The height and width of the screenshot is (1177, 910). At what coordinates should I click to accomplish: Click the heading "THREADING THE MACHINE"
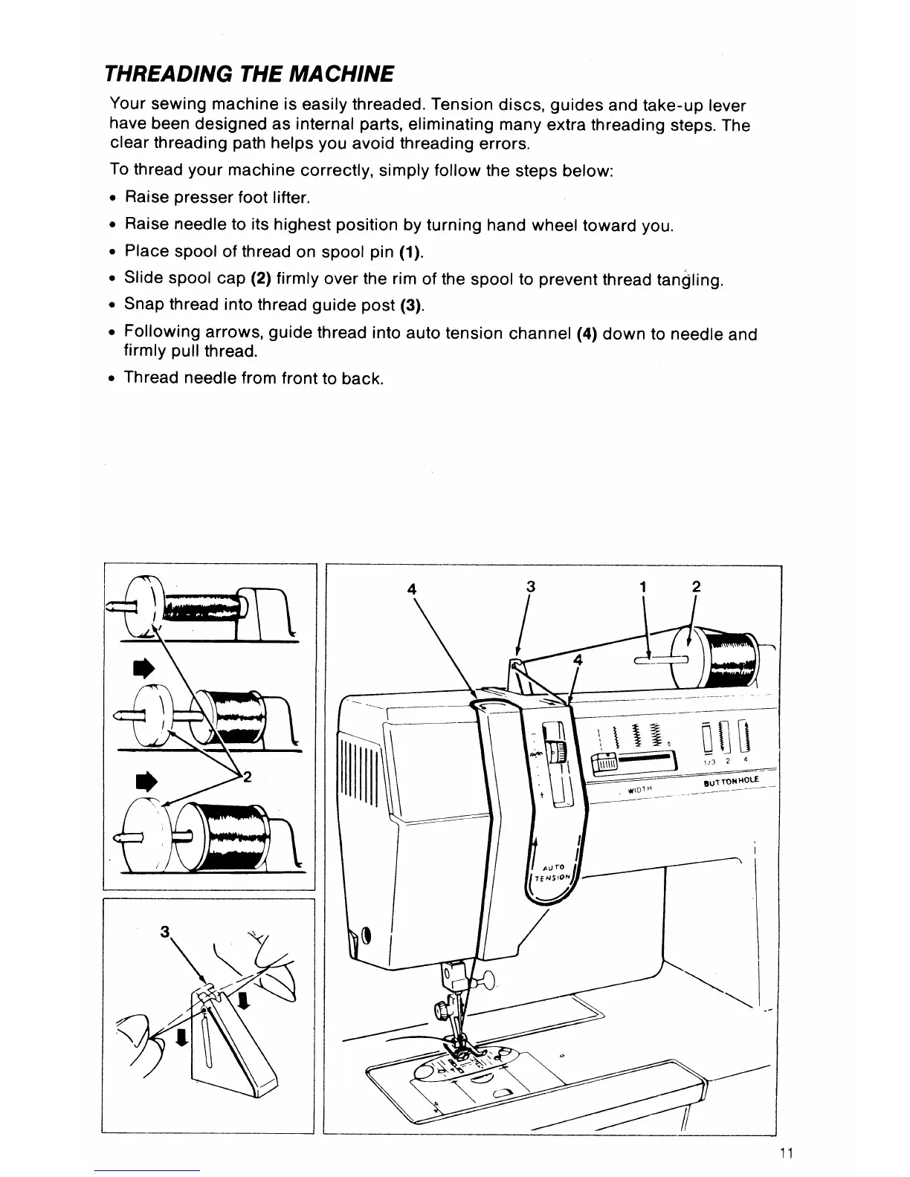[x=249, y=74]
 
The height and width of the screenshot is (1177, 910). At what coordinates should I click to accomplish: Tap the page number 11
[x=788, y=1154]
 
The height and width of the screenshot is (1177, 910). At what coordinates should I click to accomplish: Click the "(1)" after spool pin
[x=411, y=253]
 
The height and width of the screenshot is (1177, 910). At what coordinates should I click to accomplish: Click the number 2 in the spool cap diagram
[x=247, y=777]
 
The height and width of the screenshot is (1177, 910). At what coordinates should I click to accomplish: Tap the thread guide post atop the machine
[x=514, y=664]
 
